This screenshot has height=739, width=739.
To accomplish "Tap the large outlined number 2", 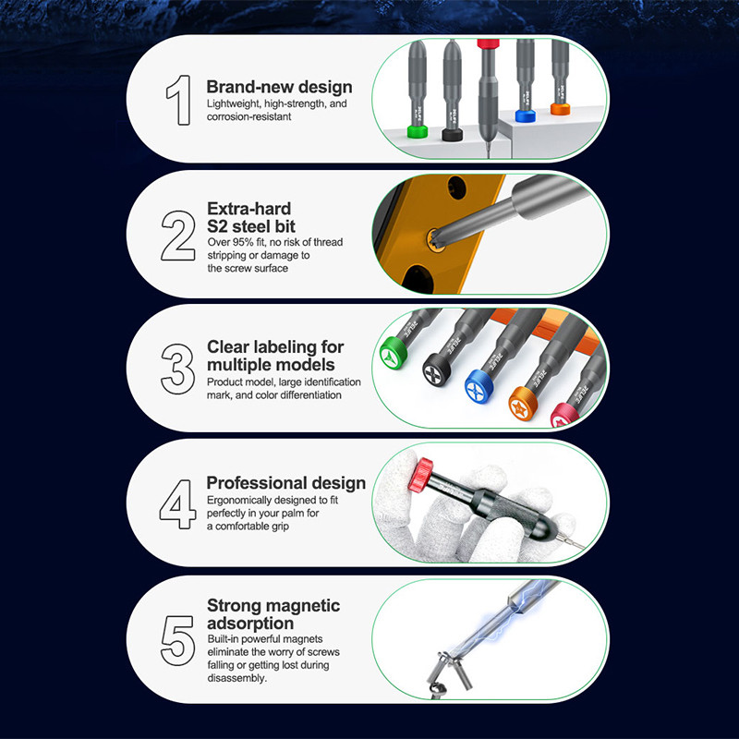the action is (178, 236).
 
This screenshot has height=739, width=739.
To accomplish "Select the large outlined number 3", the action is (177, 369).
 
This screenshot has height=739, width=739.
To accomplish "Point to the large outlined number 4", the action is (177, 503).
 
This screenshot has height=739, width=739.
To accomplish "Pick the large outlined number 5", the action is (177, 640).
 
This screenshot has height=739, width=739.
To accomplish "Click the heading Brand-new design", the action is (280, 87).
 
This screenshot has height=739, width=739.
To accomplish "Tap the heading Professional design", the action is (286, 483).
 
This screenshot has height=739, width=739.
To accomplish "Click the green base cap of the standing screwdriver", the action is (418, 131).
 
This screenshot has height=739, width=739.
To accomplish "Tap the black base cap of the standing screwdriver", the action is (452, 134).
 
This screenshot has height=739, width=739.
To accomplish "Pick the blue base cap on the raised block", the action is (525, 116).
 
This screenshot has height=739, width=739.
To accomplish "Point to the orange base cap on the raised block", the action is (560, 109).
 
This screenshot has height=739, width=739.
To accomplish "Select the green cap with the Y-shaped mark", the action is (394, 353).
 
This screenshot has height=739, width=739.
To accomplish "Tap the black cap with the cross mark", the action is (436, 370).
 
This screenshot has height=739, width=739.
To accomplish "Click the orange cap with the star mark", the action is (523, 404).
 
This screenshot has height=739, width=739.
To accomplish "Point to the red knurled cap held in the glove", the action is (420, 476).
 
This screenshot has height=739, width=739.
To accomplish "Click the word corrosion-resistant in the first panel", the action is (248, 117).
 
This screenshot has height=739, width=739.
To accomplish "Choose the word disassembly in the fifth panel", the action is (237, 678).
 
